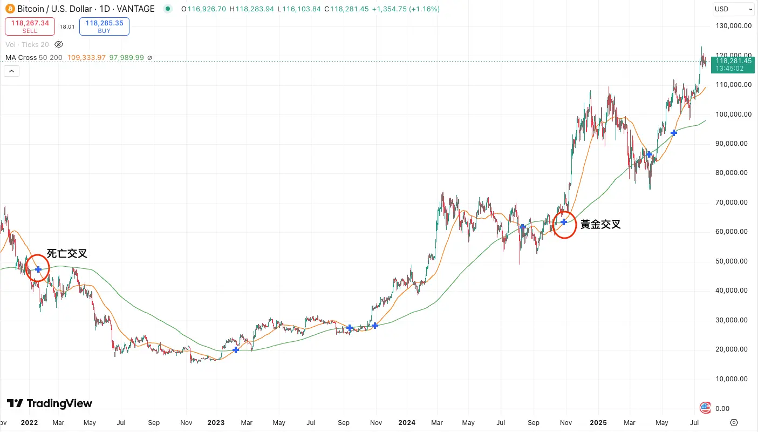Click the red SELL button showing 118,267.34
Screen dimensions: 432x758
click(30, 26)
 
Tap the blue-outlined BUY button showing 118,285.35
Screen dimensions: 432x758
click(104, 26)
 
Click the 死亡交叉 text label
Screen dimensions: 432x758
click(67, 253)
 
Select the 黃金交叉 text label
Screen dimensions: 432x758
click(600, 225)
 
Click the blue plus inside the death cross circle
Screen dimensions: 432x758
click(38, 269)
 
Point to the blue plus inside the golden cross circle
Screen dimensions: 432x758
click(564, 222)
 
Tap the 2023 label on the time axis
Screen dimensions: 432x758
click(216, 422)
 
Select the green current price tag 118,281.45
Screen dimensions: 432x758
click(733, 65)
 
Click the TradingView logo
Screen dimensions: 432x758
click(50, 403)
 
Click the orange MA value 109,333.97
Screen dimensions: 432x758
click(87, 57)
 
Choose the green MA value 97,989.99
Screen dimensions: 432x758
click(126, 57)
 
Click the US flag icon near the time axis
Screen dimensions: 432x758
click(705, 408)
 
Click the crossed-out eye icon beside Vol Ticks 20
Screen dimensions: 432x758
click(59, 44)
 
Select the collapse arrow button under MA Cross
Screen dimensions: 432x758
click(11, 71)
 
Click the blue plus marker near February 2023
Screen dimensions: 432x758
click(236, 350)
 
